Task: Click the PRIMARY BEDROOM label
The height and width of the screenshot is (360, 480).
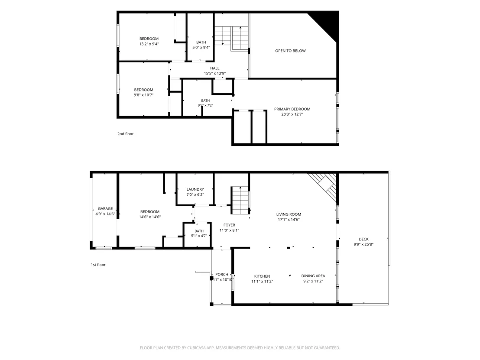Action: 292,109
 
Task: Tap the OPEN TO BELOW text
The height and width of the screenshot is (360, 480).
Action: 290,51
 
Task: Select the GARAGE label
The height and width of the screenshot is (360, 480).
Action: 105,209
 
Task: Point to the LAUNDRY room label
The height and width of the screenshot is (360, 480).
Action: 195,189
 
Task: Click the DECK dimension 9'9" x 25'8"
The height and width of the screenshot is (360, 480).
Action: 363,244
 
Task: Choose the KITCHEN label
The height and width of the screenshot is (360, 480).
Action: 262,276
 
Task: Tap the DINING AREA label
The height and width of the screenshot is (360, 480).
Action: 313,276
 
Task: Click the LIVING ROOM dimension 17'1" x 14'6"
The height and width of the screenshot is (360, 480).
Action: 289,220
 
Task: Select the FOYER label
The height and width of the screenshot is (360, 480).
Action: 229,225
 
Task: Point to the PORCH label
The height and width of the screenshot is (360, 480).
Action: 222,275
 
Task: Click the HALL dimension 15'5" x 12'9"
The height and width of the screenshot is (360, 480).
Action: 215,74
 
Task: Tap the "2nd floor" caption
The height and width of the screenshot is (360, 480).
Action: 126,134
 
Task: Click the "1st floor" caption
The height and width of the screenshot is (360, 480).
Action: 98,265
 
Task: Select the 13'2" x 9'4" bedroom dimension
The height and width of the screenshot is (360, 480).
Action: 149,44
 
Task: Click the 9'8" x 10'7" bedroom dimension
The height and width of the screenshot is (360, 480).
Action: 143,95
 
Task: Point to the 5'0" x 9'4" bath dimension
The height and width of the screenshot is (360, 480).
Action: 201,48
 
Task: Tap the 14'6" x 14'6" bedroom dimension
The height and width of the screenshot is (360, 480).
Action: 150,217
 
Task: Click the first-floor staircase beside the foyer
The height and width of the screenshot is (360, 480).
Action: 240,200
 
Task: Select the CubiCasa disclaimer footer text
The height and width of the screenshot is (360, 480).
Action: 240,348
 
